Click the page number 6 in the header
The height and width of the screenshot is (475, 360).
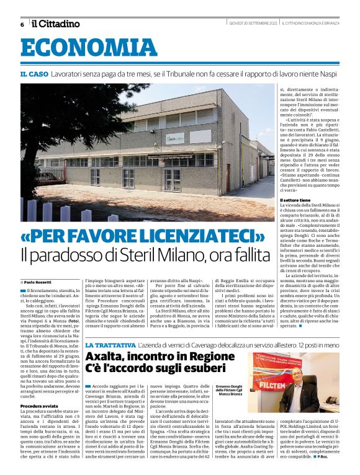[22, 25]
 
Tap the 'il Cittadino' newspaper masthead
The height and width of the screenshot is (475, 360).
[55, 24]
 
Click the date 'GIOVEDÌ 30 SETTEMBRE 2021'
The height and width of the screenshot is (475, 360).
[252, 24]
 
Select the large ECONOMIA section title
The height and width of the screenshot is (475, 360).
[89, 48]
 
